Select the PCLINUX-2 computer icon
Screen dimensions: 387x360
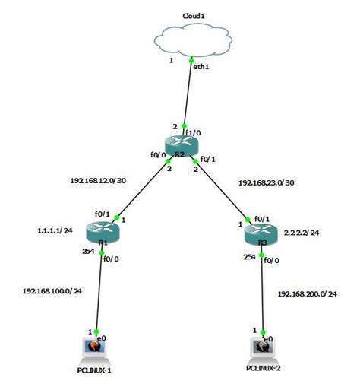(x=264, y=350)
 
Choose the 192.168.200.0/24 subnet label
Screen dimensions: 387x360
(x=308, y=293)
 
